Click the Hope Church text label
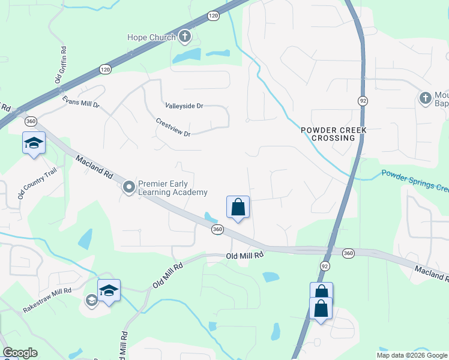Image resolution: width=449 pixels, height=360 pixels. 151,37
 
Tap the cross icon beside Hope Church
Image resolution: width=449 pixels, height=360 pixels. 185,37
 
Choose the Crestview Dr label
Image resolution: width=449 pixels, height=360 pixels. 173,127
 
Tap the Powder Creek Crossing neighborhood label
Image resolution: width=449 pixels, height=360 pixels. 333,134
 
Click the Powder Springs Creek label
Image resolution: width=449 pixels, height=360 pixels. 415,181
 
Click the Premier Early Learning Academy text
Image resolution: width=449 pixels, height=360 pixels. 173,188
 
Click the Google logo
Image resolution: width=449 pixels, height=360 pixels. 20,353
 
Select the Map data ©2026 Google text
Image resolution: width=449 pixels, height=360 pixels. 412,355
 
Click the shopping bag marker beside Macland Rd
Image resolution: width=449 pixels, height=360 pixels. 238,208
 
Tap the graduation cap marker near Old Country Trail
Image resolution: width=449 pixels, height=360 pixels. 34,143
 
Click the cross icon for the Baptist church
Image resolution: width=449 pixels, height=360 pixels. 426,98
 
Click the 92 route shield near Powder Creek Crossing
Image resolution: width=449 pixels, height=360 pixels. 363,100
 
